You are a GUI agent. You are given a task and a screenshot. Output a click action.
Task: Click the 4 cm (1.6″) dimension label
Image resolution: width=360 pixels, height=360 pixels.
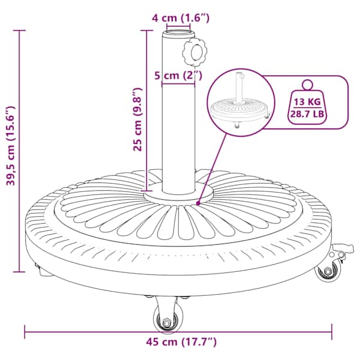click(x=181, y=18)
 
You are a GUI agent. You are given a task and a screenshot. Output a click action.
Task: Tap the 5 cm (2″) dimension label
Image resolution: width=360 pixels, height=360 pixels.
click(x=178, y=75)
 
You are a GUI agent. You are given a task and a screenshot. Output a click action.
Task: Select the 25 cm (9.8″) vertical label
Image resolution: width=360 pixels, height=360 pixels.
click(x=138, y=119)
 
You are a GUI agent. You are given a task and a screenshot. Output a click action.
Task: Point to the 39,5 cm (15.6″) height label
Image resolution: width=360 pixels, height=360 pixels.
click(x=11, y=146)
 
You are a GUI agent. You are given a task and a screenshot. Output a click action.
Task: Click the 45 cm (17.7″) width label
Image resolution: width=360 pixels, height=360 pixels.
click(x=181, y=342)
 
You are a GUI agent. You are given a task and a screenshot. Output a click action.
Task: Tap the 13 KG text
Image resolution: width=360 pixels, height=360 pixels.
click(x=307, y=102)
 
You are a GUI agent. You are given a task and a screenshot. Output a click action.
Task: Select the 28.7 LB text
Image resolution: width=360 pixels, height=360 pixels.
click(x=307, y=113)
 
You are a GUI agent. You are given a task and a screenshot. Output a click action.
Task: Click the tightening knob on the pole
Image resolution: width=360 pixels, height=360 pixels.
click(x=194, y=52)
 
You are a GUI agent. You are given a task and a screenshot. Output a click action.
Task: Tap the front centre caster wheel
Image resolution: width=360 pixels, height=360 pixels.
click(x=168, y=319)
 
